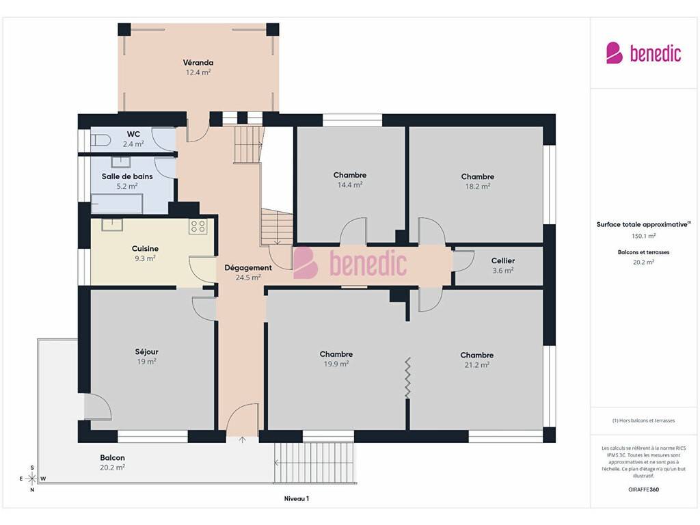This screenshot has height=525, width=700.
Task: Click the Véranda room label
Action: pyautogui.click(x=198, y=62)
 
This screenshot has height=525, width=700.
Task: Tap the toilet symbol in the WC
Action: pyautogui.click(x=100, y=140)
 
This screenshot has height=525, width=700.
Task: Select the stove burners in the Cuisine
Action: pyautogui.click(x=198, y=226)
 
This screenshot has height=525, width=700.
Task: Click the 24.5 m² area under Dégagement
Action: pyautogui.click(x=248, y=278)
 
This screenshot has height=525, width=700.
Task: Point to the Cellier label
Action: pyautogui.click(x=503, y=260)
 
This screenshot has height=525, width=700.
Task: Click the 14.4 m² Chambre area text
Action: pyautogui.click(x=350, y=185)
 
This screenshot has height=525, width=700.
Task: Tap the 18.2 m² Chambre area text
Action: pyautogui.click(x=478, y=186)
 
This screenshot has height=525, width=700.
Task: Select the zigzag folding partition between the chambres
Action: pyautogui.click(x=407, y=377)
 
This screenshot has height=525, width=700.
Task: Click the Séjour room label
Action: pyautogui.click(x=146, y=351)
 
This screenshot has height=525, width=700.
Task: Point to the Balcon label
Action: pyautogui.click(x=113, y=457)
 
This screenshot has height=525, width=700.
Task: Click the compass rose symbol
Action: pyautogui.click(x=32, y=479)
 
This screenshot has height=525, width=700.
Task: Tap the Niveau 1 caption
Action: pyautogui.click(x=297, y=498)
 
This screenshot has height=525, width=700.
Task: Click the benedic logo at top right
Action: pyautogui.click(x=643, y=53)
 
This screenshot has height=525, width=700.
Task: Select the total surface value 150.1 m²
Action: pyautogui.click(x=643, y=236)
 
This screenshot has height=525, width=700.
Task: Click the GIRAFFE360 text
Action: pyautogui.click(x=643, y=489)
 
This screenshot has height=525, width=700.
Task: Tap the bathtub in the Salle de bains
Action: pyautogui.click(x=117, y=204)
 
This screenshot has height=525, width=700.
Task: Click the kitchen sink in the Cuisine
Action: pyautogui.click(x=112, y=224)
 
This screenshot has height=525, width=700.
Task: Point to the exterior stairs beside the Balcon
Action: pyautogui.click(x=315, y=463)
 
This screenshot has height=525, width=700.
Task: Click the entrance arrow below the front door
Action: pyautogui.click(x=242, y=440)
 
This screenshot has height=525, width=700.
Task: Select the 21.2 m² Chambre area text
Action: pyautogui.click(x=476, y=365)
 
